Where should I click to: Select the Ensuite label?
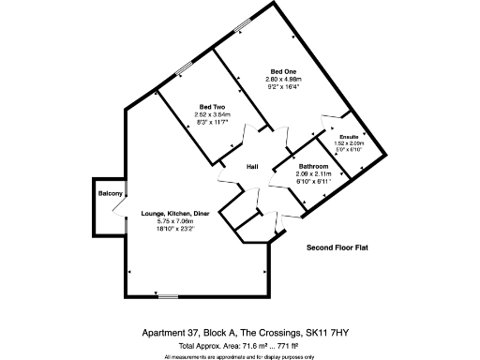point(349,136)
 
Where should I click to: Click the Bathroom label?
point(313,165)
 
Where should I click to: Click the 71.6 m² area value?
point(256,346)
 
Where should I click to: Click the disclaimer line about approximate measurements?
point(240,356)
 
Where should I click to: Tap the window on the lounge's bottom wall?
point(167,296)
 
